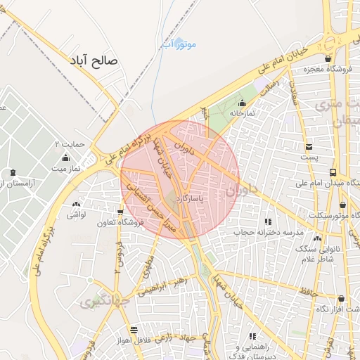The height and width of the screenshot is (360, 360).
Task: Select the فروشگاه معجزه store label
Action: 328,70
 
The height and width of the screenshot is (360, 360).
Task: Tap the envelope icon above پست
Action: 309,146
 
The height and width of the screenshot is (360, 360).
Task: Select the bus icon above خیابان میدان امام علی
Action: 333,172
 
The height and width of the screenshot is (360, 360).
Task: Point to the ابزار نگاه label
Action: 342,309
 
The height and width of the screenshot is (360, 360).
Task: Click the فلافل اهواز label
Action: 134,341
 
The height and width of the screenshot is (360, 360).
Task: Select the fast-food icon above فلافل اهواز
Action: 134,330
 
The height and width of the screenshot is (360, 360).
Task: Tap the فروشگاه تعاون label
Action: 121,222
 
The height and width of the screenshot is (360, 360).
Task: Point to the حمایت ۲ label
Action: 71,144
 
